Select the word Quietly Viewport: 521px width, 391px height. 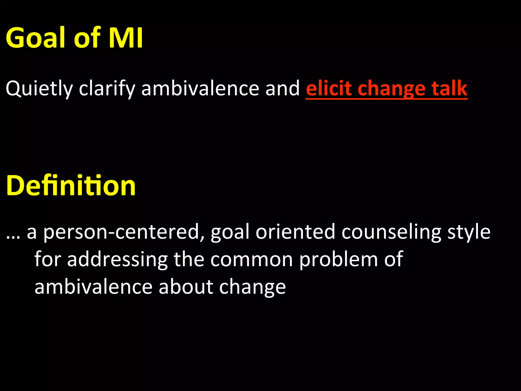pos(39,89)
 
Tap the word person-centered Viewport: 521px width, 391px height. pos(121,232)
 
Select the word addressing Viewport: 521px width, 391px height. pos(117,260)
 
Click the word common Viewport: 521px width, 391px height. pos(252,260)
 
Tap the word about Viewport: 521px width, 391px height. pos(185,287)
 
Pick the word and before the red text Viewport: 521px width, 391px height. pos(282,88)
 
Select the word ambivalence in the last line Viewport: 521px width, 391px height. pos(93,287)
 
